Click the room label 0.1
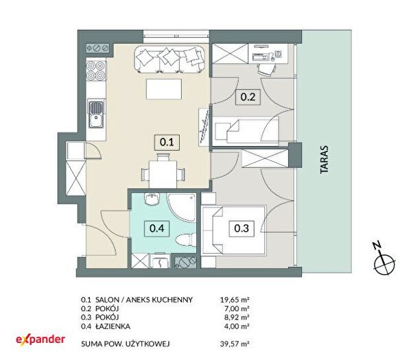pyautogui.click(x=167, y=142)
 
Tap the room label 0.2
pyautogui.click(x=248, y=97)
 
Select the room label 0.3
pyautogui.click(x=242, y=228)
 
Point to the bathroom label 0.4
pyautogui.click(x=156, y=228)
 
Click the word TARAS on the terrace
pyautogui.click(x=325, y=159)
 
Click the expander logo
pyautogui.click(x=40, y=339)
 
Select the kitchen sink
pyautogui.click(x=96, y=115)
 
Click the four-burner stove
pyautogui.click(x=96, y=71)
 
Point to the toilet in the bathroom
pyautogui.click(x=185, y=240)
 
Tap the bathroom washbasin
pyautogui.click(x=152, y=199)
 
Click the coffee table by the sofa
pyautogui.click(x=164, y=89)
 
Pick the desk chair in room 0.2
pyautogui.click(x=267, y=69)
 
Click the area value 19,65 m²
pyautogui.click(x=235, y=299)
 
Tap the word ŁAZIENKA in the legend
pyautogui.click(x=113, y=326)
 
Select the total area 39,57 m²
pyautogui.click(x=235, y=344)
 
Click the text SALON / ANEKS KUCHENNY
pyautogui.click(x=144, y=300)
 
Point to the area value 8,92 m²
pyautogui.click(x=235, y=317)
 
